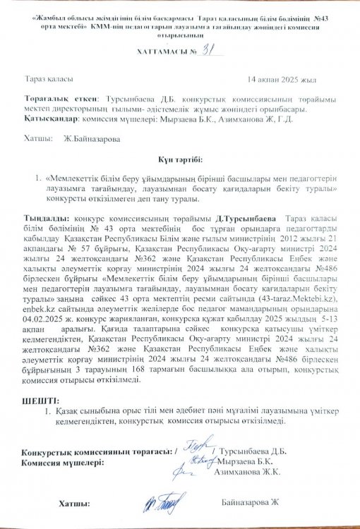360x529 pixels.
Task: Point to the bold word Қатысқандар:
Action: click(51, 120)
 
